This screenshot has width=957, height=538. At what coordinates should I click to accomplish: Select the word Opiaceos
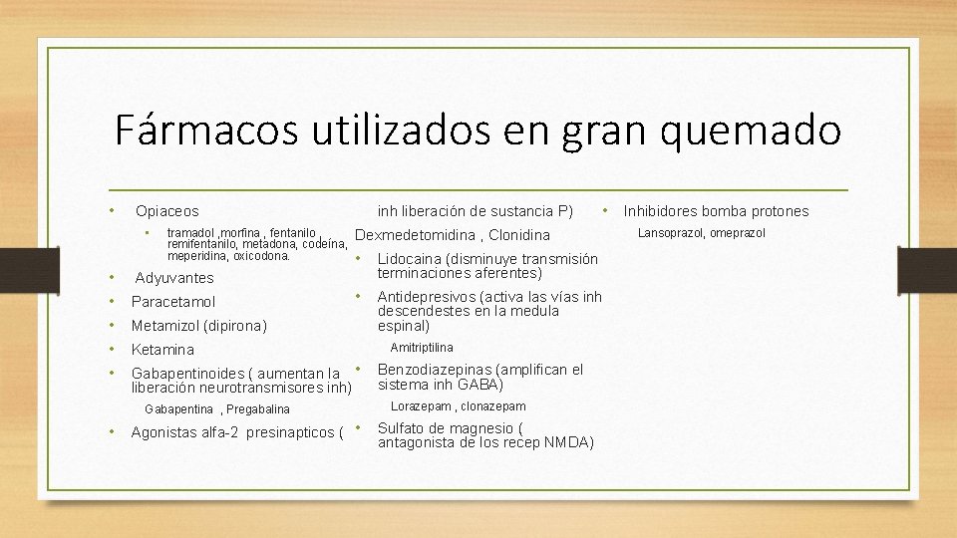tap(167, 211)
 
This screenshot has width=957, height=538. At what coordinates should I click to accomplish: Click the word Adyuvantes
tap(174, 278)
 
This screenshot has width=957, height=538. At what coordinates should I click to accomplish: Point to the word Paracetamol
tap(173, 301)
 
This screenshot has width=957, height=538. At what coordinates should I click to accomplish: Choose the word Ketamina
tap(163, 350)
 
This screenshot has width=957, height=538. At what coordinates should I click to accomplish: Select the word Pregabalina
tap(257, 409)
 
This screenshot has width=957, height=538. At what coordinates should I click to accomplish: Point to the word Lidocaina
tap(411, 259)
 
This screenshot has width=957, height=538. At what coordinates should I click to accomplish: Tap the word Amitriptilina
tap(422, 348)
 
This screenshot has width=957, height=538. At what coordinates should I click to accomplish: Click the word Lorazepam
tap(421, 406)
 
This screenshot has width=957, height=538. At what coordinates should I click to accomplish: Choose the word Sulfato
tap(401, 428)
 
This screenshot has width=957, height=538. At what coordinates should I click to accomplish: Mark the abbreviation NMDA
tap(569, 442)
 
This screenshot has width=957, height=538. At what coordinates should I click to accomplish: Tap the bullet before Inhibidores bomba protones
tap(604, 210)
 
